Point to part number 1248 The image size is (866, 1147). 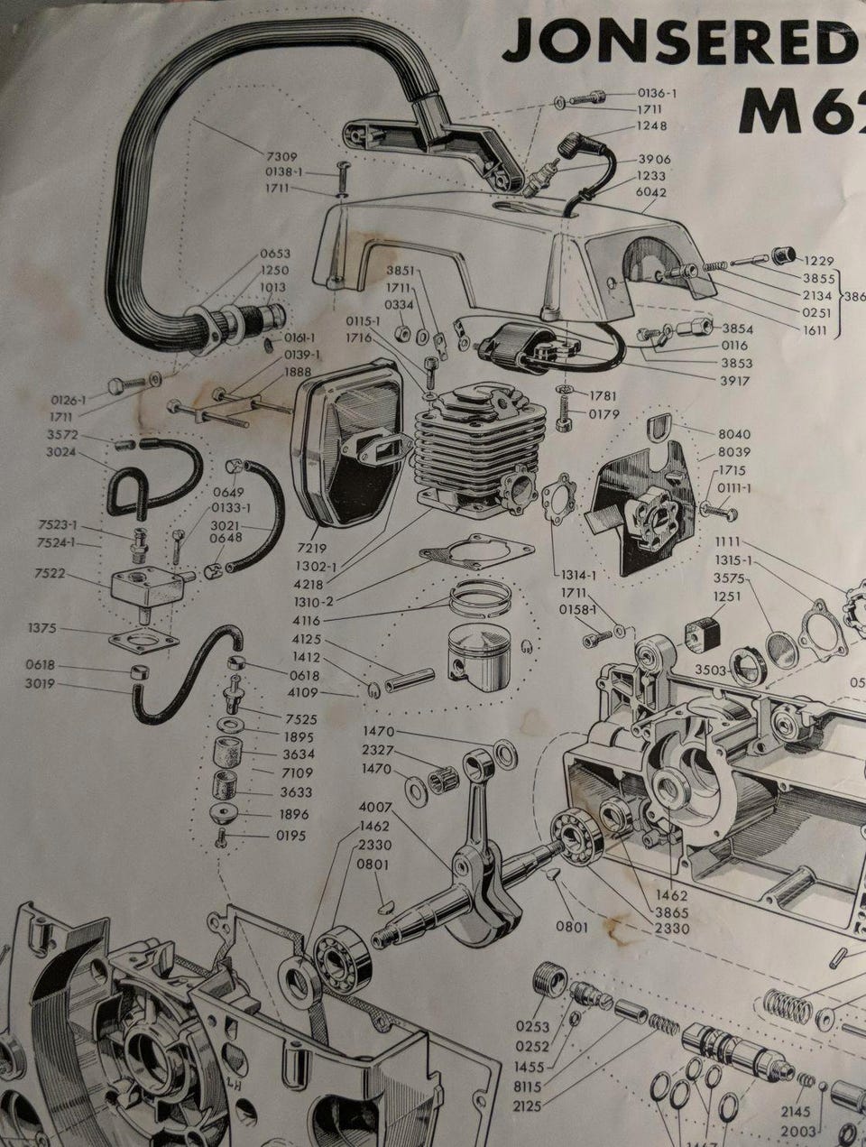(x=652, y=125)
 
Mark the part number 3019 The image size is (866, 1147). (x=41, y=683)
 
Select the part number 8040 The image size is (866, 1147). (x=732, y=434)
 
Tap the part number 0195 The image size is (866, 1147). (x=290, y=836)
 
